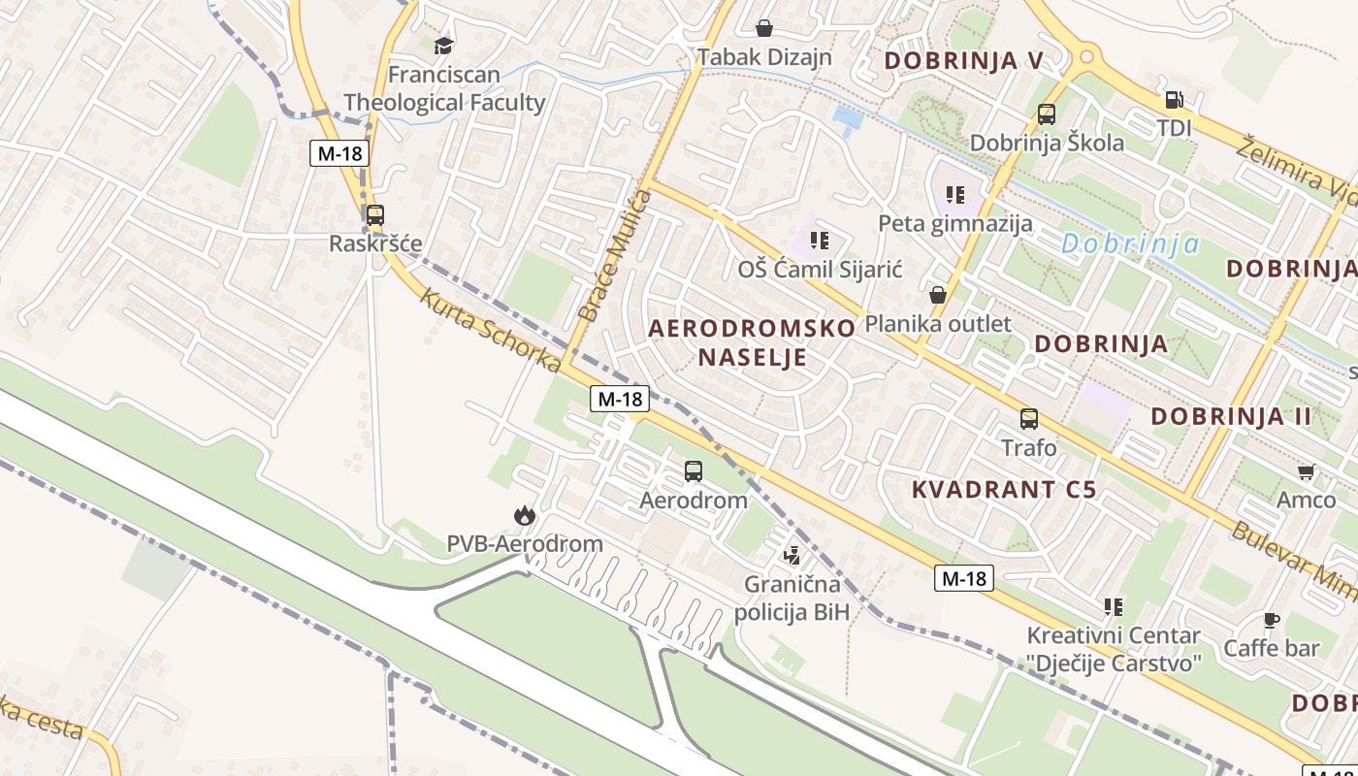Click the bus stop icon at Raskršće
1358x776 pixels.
(x=374, y=215)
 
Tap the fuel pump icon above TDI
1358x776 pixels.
(x=1173, y=99)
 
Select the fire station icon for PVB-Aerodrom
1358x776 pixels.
(x=525, y=515)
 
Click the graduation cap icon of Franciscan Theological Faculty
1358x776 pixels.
(x=443, y=45)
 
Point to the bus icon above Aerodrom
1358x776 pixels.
(x=694, y=471)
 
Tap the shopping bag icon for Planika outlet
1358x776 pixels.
(x=938, y=294)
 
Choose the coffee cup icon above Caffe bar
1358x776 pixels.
(x=1271, y=620)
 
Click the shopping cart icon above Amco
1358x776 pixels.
(x=1306, y=472)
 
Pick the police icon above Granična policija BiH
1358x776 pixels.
(x=792, y=556)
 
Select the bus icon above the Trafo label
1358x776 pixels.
(x=1029, y=419)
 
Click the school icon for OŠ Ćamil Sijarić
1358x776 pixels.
(x=820, y=240)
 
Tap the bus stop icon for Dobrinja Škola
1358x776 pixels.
(x=1047, y=114)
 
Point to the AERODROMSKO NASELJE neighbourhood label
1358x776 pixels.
(x=752, y=341)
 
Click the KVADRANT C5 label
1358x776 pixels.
(x=1004, y=490)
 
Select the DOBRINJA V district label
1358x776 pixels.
(x=963, y=61)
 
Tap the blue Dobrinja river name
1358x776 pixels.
(x=1130, y=244)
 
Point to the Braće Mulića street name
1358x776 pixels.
(x=615, y=255)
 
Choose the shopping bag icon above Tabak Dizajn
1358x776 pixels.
(x=764, y=27)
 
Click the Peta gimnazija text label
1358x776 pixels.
(x=955, y=224)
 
